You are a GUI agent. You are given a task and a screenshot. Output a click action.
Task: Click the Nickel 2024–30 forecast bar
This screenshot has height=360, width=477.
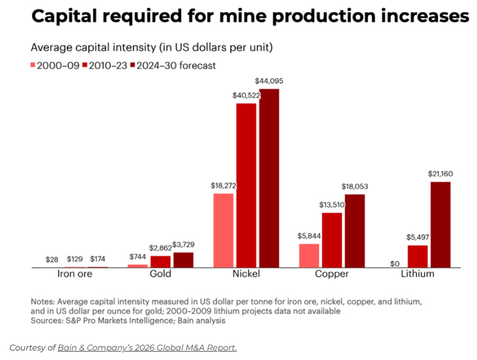click(269, 178)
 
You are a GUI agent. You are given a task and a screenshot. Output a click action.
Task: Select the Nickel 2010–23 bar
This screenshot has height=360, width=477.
click(246, 185)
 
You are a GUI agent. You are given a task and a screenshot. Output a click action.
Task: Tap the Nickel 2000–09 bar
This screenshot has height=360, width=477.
click(223, 230)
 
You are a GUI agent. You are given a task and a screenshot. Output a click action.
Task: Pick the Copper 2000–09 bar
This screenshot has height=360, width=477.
click(309, 255)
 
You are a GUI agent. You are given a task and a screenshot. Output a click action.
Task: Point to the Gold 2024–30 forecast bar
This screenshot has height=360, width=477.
click(183, 260)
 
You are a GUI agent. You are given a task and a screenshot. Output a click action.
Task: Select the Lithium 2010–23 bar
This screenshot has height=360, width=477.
click(417, 257)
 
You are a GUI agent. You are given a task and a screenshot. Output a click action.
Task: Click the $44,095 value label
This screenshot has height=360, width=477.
click(269, 81)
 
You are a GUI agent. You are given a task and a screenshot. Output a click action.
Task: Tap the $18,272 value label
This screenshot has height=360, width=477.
click(223, 186)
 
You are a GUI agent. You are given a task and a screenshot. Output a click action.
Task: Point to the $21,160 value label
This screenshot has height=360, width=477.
click(441, 174)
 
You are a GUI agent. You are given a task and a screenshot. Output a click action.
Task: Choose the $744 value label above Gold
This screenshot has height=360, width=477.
click(138, 256)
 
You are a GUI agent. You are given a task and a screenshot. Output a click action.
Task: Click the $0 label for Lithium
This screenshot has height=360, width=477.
click(395, 263)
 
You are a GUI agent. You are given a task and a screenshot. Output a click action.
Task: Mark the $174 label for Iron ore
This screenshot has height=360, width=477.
click(98, 260)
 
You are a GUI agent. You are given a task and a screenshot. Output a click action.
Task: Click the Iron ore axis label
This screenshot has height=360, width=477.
click(75, 275)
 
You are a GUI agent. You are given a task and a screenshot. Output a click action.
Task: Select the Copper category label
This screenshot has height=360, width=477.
click(332, 275)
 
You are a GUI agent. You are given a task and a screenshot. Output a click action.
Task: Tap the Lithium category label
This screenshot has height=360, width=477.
click(417, 275)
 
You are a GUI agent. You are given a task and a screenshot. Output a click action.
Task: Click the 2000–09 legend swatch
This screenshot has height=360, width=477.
click(34, 65)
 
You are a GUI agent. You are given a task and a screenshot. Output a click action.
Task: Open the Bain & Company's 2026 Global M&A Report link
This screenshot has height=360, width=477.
click(147, 347)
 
